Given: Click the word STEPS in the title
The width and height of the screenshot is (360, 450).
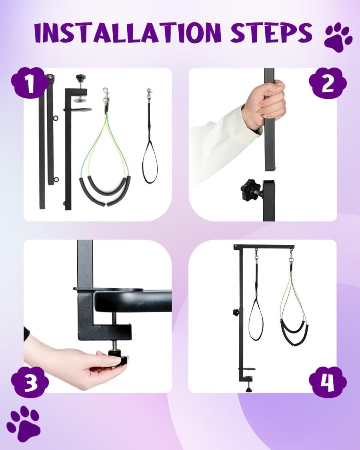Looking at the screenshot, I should point(272,33).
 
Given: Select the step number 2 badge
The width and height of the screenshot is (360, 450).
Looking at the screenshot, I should point(328,84).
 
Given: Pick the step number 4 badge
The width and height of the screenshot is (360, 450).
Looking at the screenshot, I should point(328,382).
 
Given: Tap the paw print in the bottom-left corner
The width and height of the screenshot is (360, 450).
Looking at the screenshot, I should point(24,423).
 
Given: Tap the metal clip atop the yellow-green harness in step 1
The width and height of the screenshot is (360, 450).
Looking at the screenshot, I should point(106,95).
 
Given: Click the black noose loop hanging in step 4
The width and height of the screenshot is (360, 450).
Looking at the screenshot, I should point(256,320).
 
